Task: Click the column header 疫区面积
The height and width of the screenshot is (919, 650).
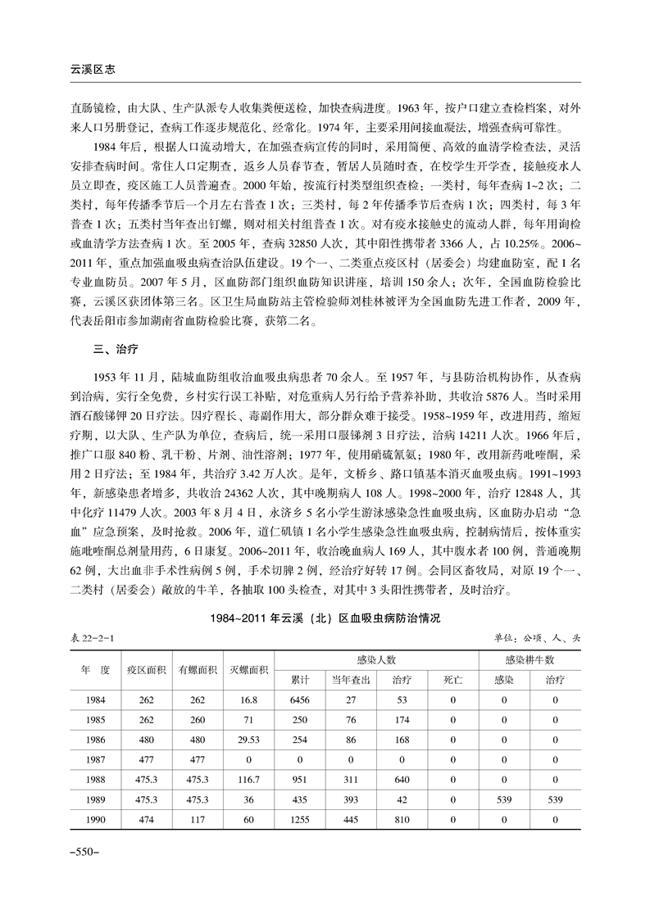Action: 147,669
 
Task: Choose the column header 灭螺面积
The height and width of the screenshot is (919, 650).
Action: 248,669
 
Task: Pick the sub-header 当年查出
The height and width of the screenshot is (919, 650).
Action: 350,680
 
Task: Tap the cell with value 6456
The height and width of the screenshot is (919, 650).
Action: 299,699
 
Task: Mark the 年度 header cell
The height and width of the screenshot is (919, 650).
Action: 94,669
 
